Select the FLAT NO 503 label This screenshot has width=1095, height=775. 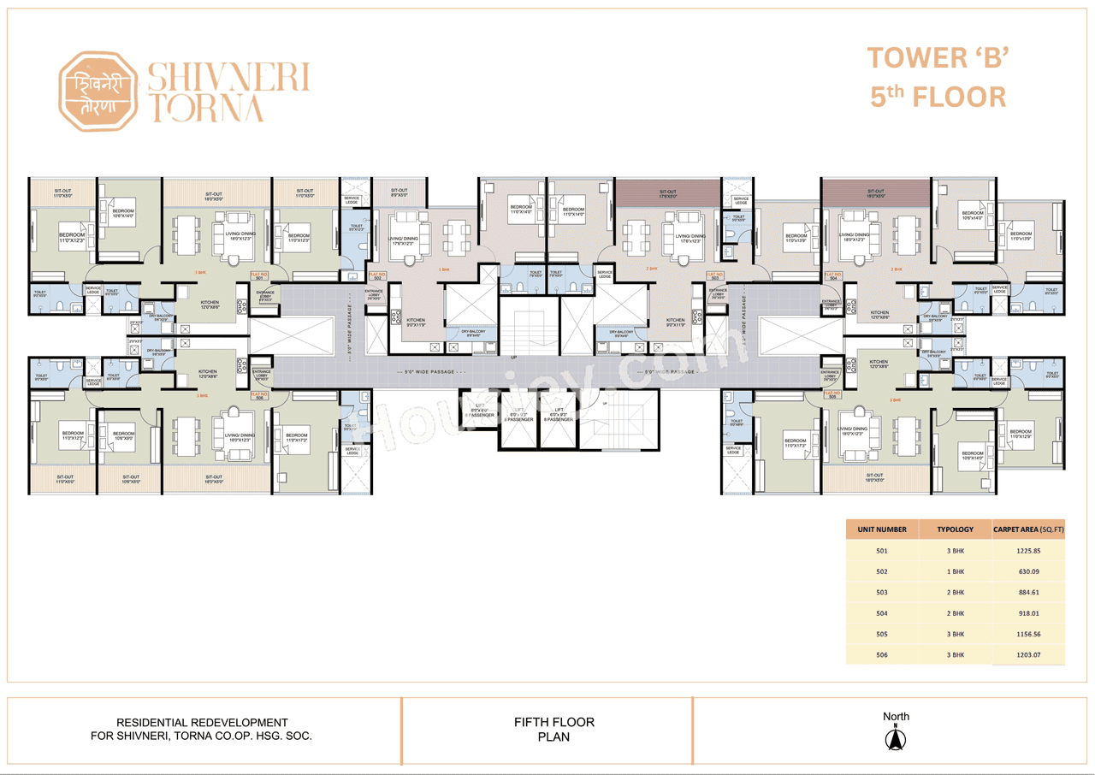coord(713,275)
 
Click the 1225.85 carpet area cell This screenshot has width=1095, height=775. coord(1027,551)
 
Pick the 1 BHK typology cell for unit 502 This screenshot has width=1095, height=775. coord(955,571)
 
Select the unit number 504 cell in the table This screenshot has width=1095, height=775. coord(882,613)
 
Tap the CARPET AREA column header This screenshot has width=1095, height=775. coord(1028,529)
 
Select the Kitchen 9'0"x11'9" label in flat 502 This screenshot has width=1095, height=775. coord(415,322)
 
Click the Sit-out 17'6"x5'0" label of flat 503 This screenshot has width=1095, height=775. coord(667,194)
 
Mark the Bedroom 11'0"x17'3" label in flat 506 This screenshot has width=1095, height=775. coord(297,438)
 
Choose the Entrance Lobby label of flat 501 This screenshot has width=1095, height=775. coord(265,297)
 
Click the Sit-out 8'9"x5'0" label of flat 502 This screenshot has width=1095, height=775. coord(399,193)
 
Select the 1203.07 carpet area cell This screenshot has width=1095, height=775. coord(1027,655)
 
